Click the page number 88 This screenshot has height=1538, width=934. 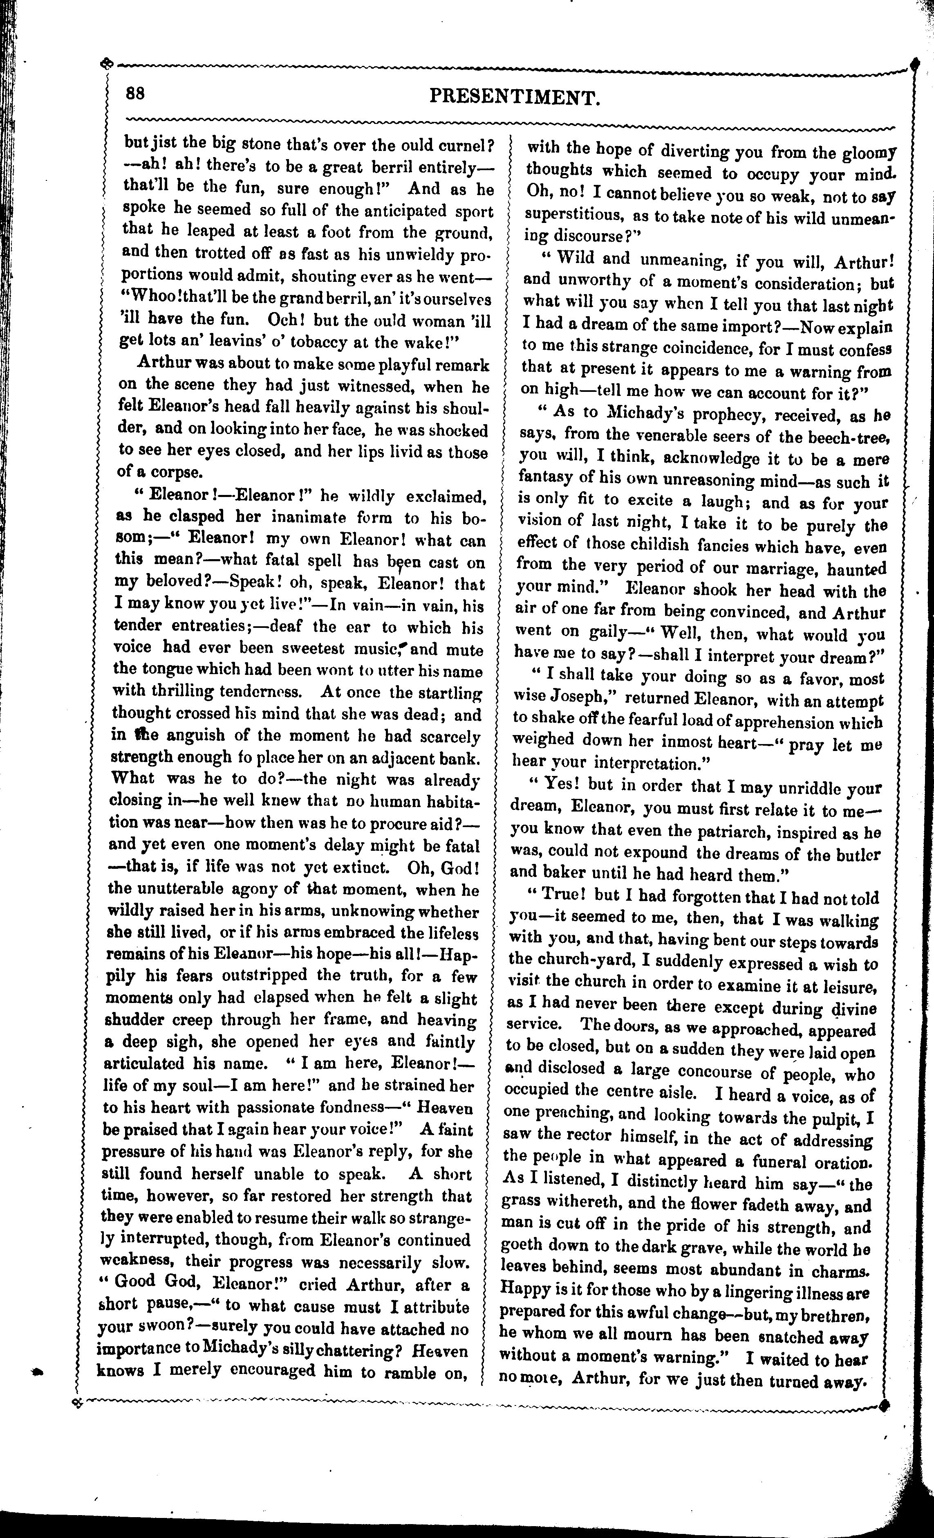pos(135,94)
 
